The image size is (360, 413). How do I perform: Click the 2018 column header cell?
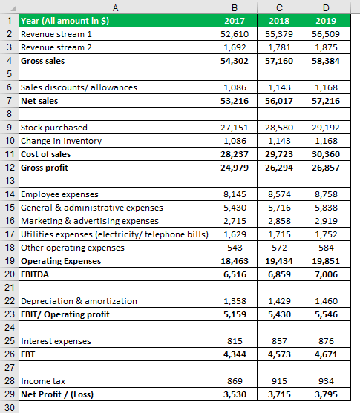(x=282, y=21)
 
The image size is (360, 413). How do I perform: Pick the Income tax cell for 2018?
(x=282, y=380)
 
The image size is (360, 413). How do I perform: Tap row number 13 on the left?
(x=8, y=180)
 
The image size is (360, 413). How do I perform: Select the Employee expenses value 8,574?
(x=282, y=194)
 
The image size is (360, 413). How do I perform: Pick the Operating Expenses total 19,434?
(x=282, y=261)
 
